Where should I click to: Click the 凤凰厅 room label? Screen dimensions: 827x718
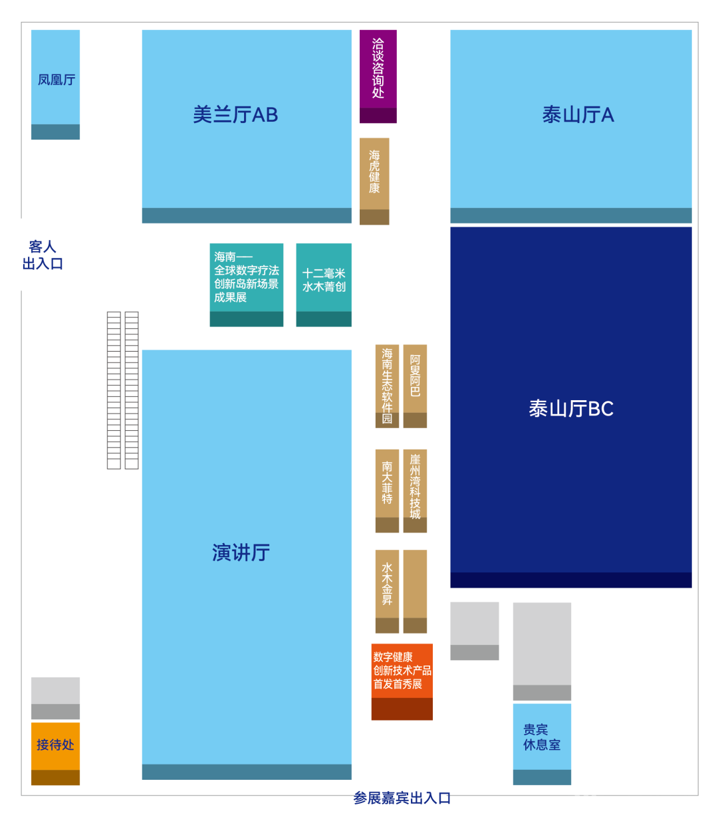tap(56, 80)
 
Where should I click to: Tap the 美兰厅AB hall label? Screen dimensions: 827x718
tap(235, 115)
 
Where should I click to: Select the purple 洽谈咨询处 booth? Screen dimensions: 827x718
tap(378, 69)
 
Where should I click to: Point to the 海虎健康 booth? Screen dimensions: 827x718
tap(374, 173)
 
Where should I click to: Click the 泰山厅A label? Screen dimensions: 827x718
tap(578, 115)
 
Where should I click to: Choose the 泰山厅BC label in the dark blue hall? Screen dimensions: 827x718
tap(571, 408)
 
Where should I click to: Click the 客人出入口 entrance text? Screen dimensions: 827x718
tap(43, 255)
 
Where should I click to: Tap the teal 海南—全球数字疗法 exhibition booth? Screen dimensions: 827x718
tap(246, 277)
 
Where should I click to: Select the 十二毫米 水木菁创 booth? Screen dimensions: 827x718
tap(324, 280)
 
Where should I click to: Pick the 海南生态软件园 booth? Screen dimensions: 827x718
tap(387, 386)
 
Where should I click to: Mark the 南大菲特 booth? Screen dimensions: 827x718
tap(387, 483)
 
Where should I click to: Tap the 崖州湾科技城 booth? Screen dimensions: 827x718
tap(415, 486)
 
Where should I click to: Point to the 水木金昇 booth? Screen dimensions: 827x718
tap(387, 584)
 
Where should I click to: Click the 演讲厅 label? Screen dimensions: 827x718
tap(241, 552)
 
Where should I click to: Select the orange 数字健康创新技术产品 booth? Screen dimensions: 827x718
tap(402, 671)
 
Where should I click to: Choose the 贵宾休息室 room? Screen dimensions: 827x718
tap(542, 737)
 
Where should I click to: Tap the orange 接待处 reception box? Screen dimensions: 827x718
tap(55, 745)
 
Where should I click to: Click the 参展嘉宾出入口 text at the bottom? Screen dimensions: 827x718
tap(402, 798)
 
